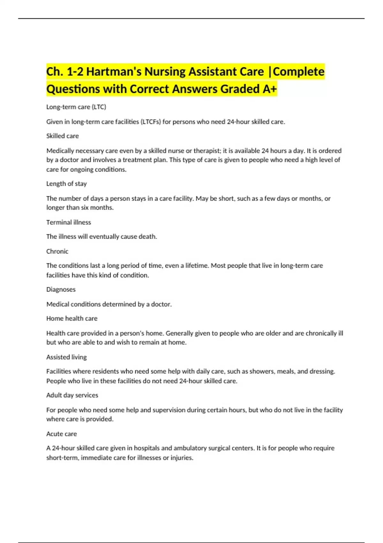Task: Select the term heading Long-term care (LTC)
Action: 76,107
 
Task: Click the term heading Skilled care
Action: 63,136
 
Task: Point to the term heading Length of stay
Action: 66,184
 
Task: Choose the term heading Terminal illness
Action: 69,222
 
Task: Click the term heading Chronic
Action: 57,251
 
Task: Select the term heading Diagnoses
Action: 61,289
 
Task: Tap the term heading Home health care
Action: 72,318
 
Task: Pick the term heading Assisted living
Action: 66,357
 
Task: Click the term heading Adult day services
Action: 72,395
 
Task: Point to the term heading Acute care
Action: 62,434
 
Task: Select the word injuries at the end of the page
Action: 182,458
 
